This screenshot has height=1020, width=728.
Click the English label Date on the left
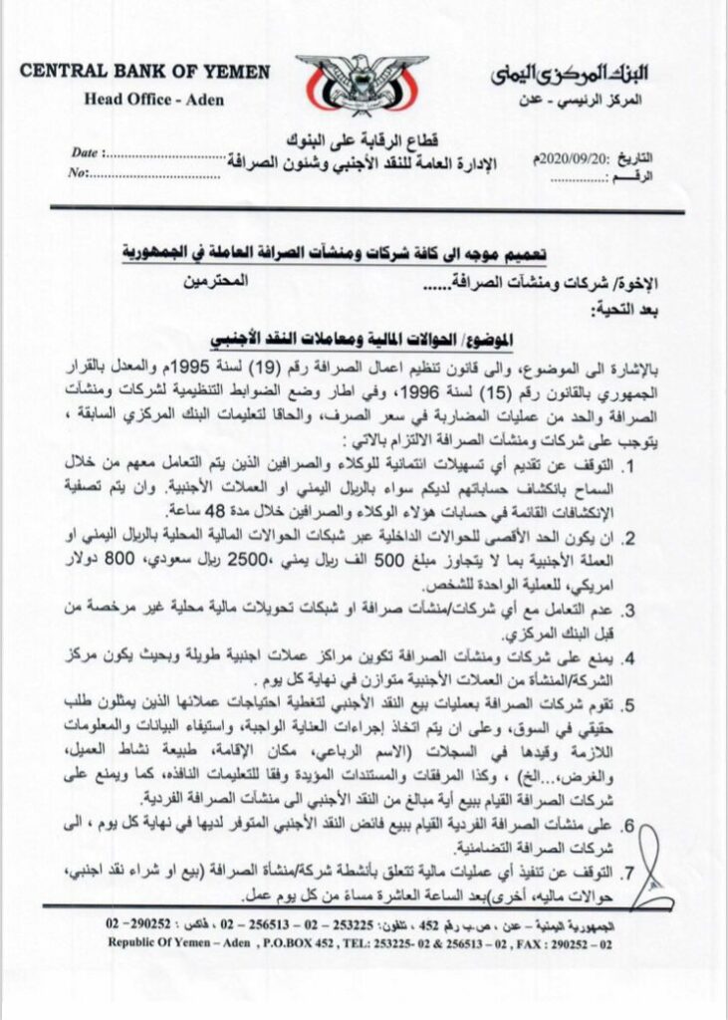click(x=88, y=154)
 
